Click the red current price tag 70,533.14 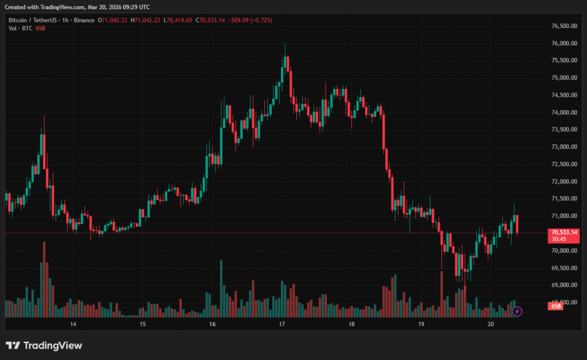(564, 232)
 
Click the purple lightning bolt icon (517, 311)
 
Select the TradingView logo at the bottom (44, 346)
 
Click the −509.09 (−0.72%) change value (250, 20)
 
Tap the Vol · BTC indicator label (20, 28)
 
